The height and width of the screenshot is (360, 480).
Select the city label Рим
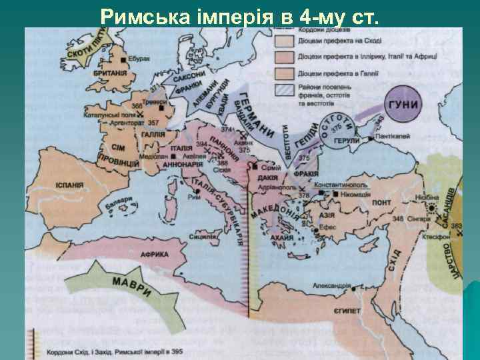(x=195, y=197)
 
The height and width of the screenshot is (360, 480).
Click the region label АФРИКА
(x=154, y=254)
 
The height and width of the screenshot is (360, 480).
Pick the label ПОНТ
(x=381, y=202)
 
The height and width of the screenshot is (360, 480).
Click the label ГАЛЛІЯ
(x=153, y=134)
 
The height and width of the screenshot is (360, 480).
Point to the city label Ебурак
(x=141, y=59)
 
